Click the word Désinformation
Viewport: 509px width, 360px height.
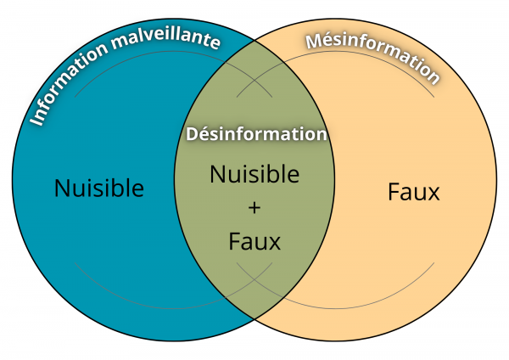pos(255,134)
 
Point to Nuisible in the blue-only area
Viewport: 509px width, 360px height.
pos(99,188)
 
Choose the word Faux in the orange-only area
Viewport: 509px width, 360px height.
pos(413,192)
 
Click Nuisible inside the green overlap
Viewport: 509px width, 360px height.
pos(255,174)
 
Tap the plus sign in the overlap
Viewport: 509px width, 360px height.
pos(255,208)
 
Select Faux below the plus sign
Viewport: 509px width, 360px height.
pos(255,241)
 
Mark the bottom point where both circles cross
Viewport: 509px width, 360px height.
pos(254,318)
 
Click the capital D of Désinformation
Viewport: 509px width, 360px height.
pos(191,134)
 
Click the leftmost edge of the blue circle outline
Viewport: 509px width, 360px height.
pos(14,179)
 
